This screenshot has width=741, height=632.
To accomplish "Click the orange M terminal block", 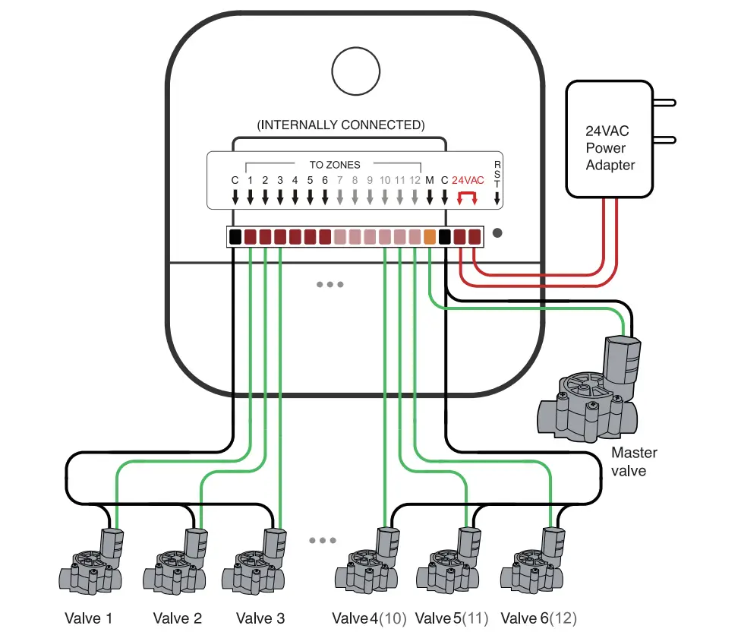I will click(x=430, y=237).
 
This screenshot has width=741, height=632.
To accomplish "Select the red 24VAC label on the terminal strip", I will click(x=467, y=181).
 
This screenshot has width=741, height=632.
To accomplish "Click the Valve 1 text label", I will click(x=87, y=618).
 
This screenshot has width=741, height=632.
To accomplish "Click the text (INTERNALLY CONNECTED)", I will click(x=341, y=125).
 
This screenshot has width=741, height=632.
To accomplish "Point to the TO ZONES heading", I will click(x=335, y=164).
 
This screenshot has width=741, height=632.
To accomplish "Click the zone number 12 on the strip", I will click(x=415, y=181).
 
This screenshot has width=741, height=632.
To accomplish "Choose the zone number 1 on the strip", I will click(x=250, y=181).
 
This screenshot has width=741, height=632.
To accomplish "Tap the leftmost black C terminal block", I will click(x=235, y=237).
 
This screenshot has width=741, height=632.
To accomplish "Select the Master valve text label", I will click(x=634, y=462).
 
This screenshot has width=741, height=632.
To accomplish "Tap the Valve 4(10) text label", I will click(x=369, y=618).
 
